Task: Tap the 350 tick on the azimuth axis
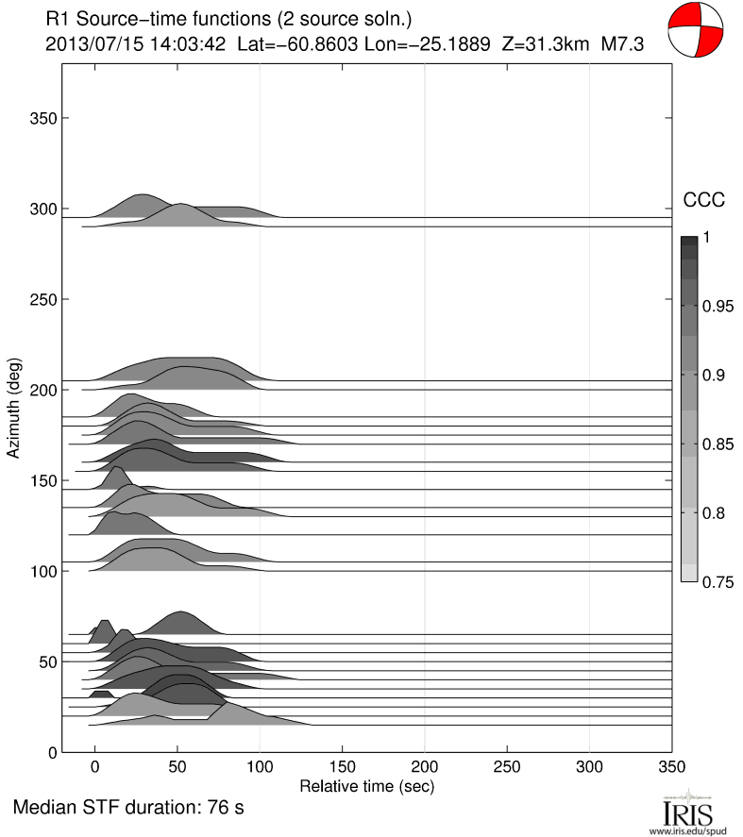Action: tap(42, 118)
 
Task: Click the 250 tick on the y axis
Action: tap(42, 299)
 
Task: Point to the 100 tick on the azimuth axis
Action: tap(42, 572)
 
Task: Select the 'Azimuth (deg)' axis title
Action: tap(14, 409)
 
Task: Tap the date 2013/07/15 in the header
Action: tap(89, 43)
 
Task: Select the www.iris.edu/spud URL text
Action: tap(688, 829)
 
